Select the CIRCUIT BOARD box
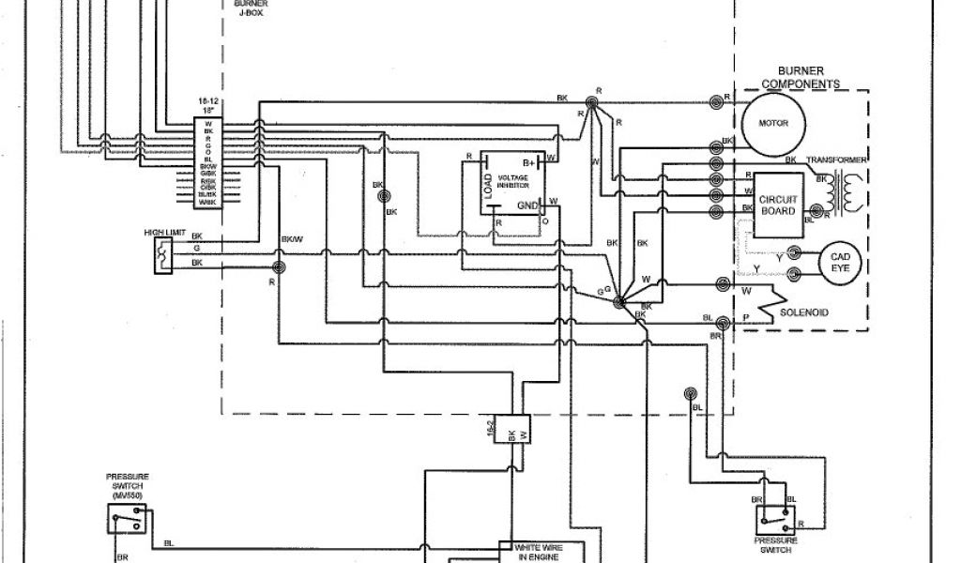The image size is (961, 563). (x=777, y=205)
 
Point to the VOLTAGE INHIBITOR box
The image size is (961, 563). (x=511, y=184)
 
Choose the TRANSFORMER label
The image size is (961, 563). (x=837, y=160)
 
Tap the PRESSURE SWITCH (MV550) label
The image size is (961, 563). (x=127, y=484)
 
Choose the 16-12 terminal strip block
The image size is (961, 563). (x=207, y=160)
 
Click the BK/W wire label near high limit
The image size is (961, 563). (x=292, y=239)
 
